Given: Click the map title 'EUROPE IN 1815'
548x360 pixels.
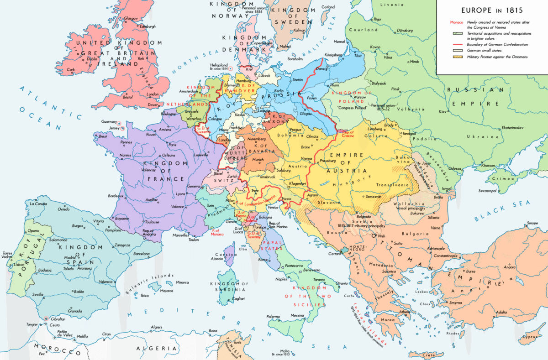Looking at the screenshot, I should click(x=492, y=10).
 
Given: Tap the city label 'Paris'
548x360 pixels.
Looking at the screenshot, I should click(x=172, y=145).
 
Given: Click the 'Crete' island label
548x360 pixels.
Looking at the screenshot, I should click(x=428, y=355).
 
